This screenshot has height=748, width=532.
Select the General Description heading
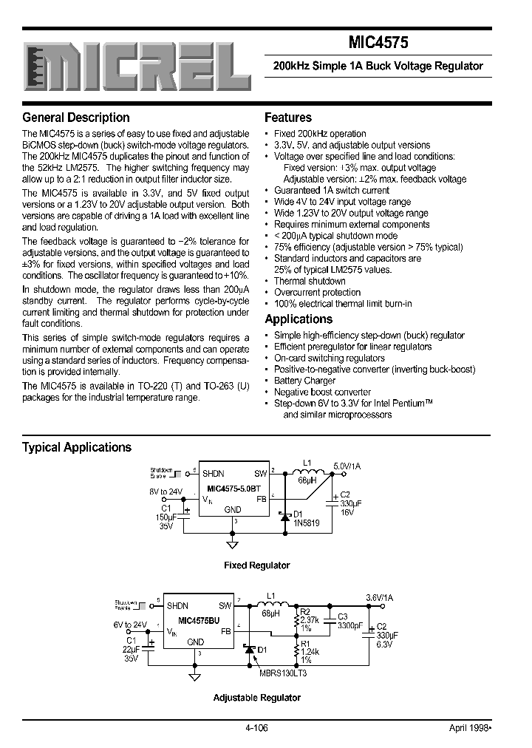pyautogui.click(x=75, y=118)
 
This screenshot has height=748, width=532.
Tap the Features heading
pyautogui.click(x=287, y=118)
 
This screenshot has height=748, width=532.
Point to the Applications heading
pyautogui.click(x=299, y=319)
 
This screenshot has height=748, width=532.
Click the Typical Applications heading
pyautogui.click(x=77, y=447)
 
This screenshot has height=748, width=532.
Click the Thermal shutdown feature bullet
pyautogui.click(x=310, y=281)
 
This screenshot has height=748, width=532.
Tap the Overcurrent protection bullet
pyautogui.click(x=317, y=293)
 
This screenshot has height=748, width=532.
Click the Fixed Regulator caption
pyautogui.click(x=256, y=565)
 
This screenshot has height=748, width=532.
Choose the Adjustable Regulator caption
pyautogui.click(x=256, y=698)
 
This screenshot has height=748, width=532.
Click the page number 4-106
pyautogui.click(x=256, y=727)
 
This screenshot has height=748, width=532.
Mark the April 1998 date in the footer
pyautogui.click(x=470, y=727)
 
